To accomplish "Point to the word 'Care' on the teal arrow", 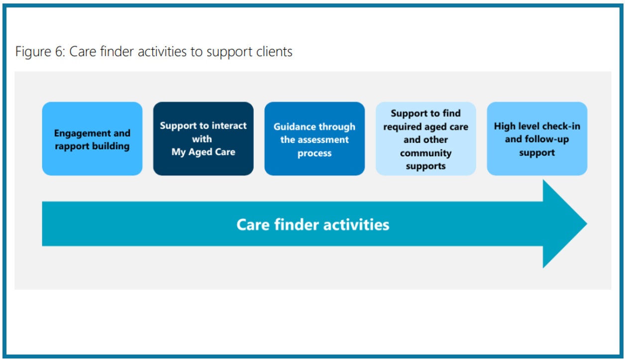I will [253, 225].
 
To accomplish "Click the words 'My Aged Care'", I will [203, 152].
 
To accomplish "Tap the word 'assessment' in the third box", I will [323, 140].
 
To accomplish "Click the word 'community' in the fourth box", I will [425, 153].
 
